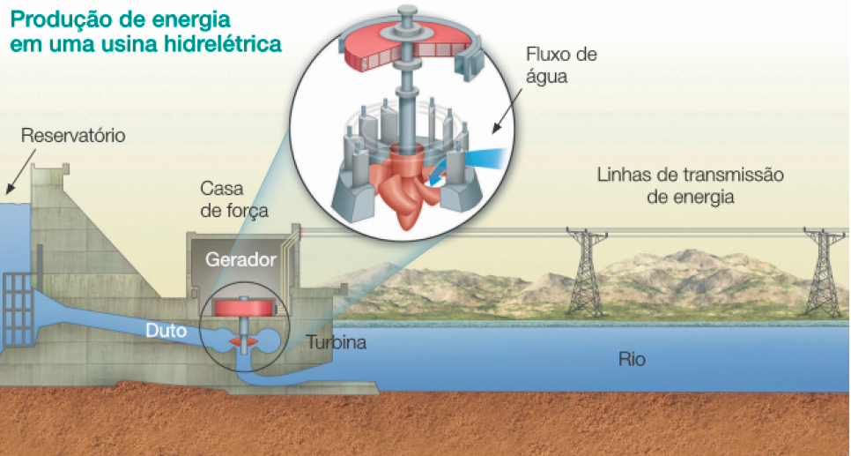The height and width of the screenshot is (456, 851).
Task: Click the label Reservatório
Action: click(73, 136)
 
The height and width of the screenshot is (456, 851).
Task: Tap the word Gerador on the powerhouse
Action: click(240, 259)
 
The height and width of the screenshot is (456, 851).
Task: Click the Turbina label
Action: click(336, 343)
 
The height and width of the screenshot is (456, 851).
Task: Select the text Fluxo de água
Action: click(561, 65)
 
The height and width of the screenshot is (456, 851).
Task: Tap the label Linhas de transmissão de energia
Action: click(690, 185)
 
